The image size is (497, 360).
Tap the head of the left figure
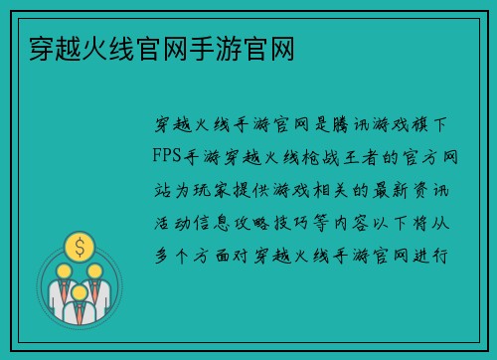63,270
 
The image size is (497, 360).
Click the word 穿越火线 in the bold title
61,48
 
